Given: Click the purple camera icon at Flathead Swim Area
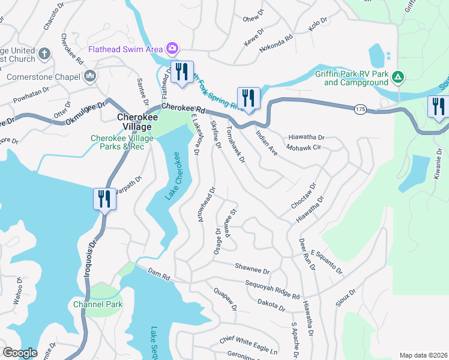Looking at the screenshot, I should pyautogui.click(x=172, y=48).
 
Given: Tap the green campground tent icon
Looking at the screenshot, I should pyautogui.click(x=398, y=77).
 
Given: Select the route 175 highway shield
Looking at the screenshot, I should pyautogui.click(x=360, y=109).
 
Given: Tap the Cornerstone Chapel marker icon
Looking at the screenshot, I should pyautogui.click(x=90, y=76).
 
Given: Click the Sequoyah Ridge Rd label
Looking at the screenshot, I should pyautogui.click(x=272, y=287).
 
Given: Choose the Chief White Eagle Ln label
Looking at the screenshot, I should pyautogui.click(x=248, y=345).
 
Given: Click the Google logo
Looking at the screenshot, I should pyautogui.click(x=20, y=352).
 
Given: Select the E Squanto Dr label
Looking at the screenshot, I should pyautogui.click(x=326, y=262).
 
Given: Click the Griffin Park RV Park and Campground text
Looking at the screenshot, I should pyautogui.click(x=353, y=78).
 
